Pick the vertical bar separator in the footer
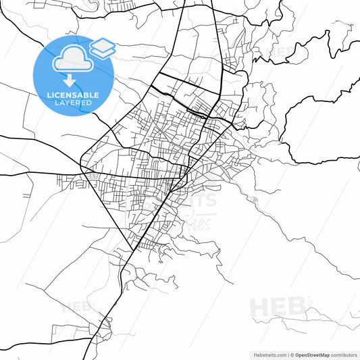coord(287,355)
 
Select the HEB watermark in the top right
coord(280,51)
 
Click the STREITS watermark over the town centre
coord(196,200)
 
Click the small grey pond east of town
coord(255,200)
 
